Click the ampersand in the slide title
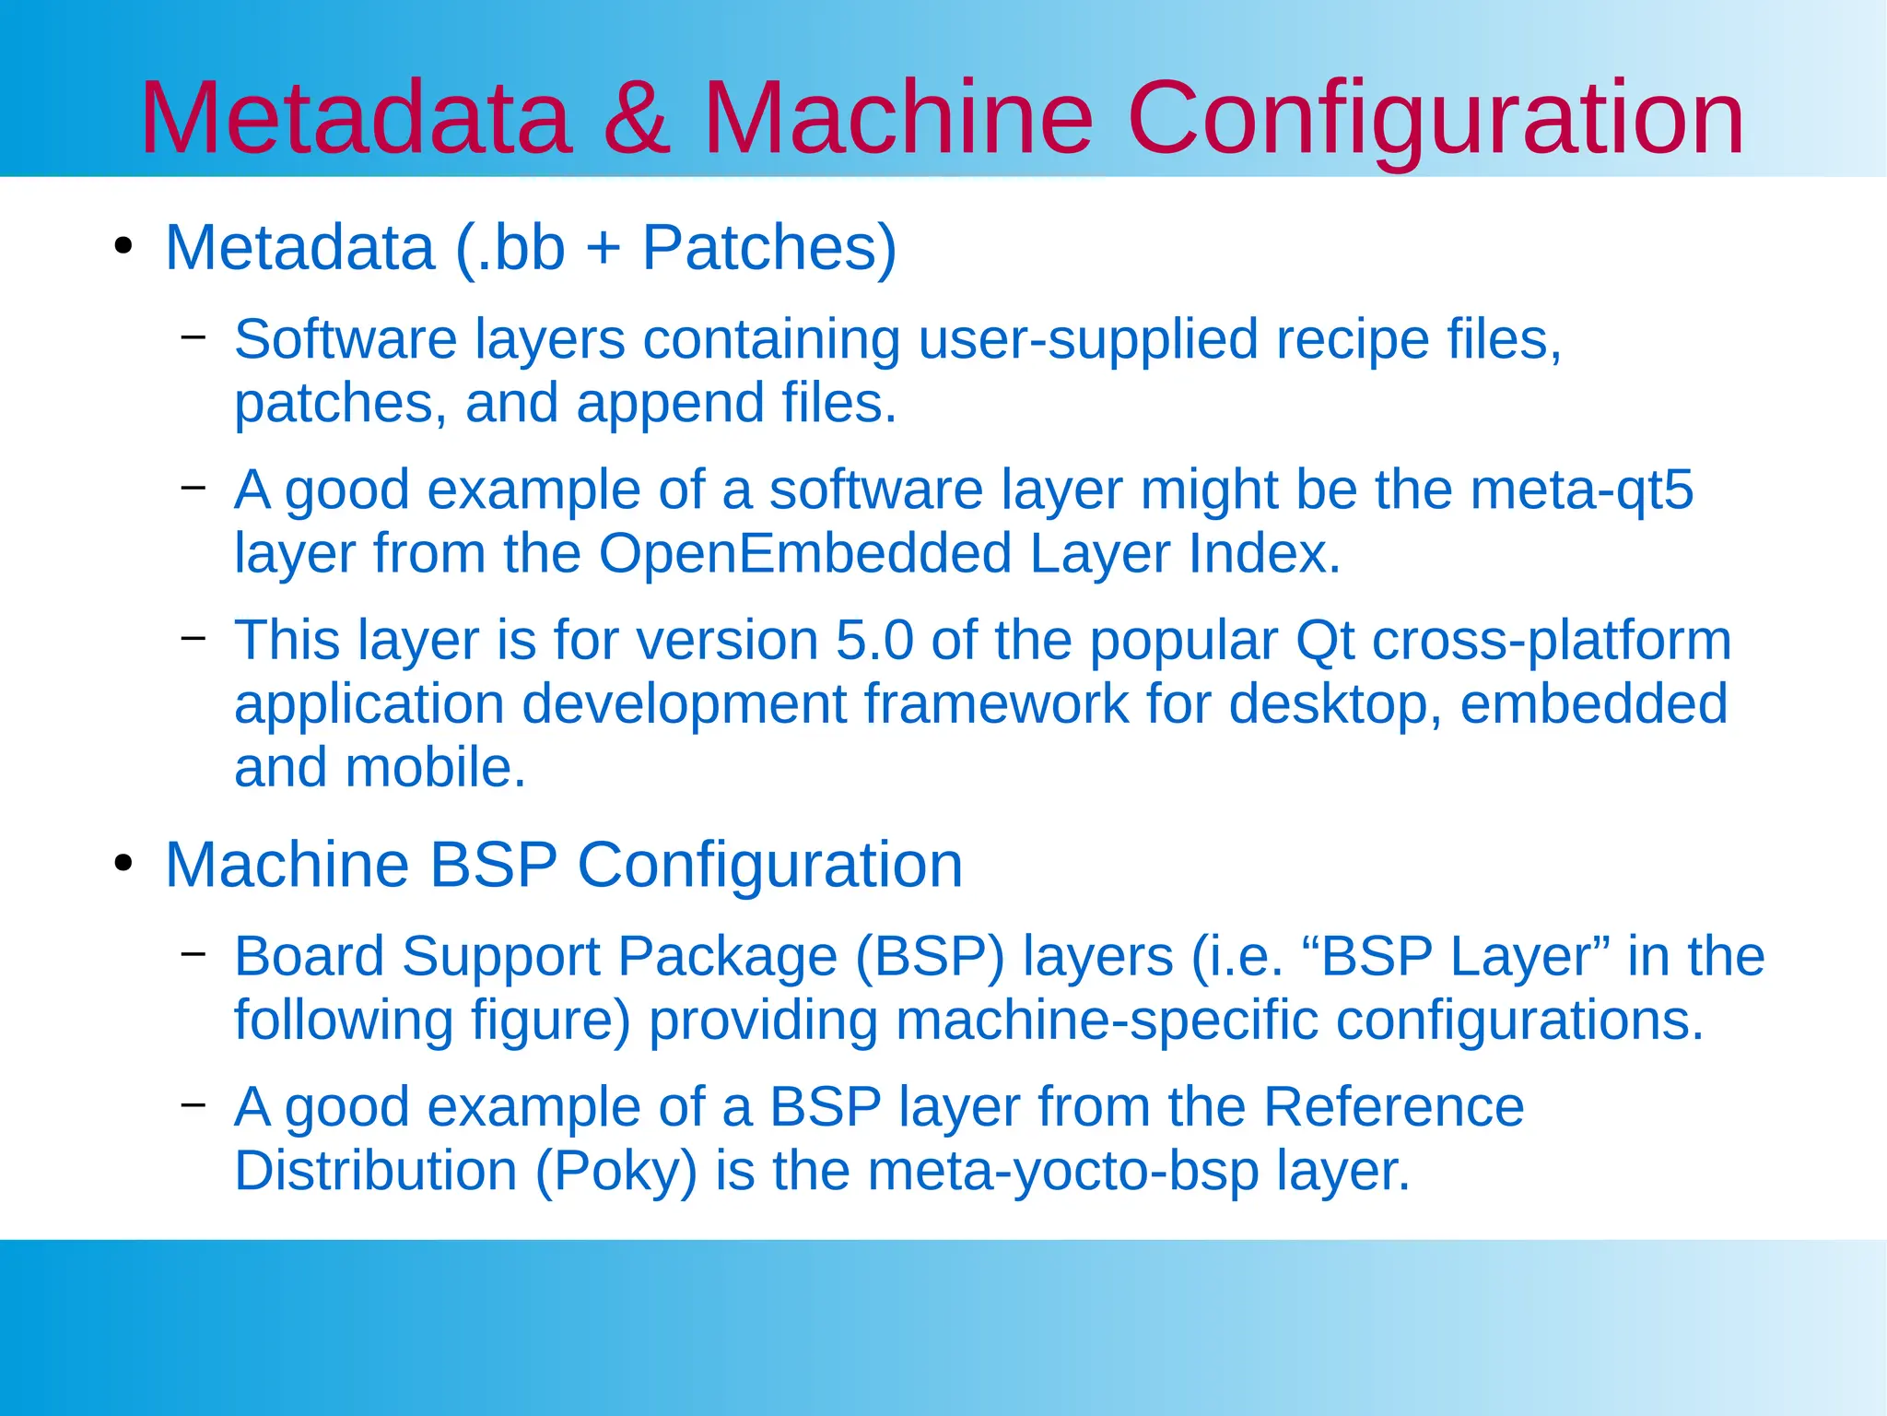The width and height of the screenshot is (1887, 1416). pos(636,118)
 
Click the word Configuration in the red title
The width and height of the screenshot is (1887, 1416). pos(1435,118)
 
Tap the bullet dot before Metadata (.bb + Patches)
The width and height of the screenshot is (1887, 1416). pos(123,247)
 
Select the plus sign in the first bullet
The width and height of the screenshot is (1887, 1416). pos(604,247)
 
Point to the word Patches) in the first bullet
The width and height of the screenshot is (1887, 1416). pos(768,247)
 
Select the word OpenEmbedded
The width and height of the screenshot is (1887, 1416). pos(805,553)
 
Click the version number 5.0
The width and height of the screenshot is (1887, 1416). pos(874,640)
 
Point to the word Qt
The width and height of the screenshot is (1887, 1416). pos(1325,640)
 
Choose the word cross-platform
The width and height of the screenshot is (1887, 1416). pos(1552,640)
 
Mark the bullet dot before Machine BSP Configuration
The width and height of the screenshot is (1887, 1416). pos(123,864)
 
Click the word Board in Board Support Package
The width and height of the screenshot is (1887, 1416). pos(309,956)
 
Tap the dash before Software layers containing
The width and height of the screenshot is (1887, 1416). pos(193,336)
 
